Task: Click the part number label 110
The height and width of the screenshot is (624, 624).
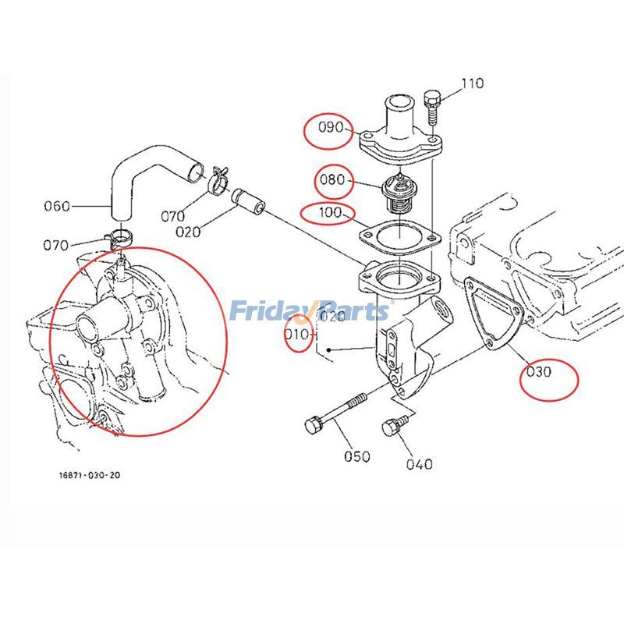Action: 472,83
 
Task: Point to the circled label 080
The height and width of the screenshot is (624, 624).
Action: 331,180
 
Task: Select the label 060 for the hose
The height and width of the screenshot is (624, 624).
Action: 56,206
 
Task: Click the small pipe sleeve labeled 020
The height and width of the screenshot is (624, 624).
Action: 248,200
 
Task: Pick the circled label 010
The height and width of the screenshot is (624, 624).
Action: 297,336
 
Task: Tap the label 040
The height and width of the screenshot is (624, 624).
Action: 419,464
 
